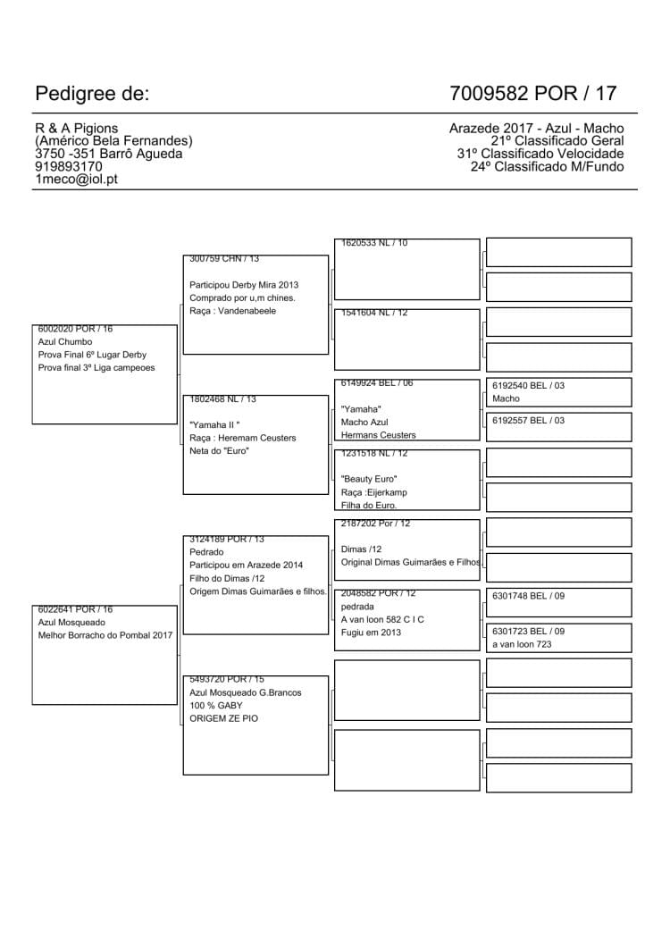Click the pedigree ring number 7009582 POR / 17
tap(533, 94)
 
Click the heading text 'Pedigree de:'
tap(92, 94)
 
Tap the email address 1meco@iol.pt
tap(77, 179)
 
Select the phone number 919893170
tap(68, 166)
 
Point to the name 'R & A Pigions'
tap(76, 129)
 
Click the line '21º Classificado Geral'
tap(557, 141)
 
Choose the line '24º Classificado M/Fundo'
tap(547, 166)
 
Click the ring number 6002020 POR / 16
tap(75, 329)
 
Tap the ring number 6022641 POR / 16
tap(75, 609)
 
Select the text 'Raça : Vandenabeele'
tap(232, 311)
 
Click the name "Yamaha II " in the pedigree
tap(215, 425)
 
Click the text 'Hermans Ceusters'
tap(378, 435)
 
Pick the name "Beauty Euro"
tap(369, 480)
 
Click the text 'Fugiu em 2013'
tap(371, 633)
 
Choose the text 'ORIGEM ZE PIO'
tap(223, 718)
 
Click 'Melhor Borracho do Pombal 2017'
tap(105, 635)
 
